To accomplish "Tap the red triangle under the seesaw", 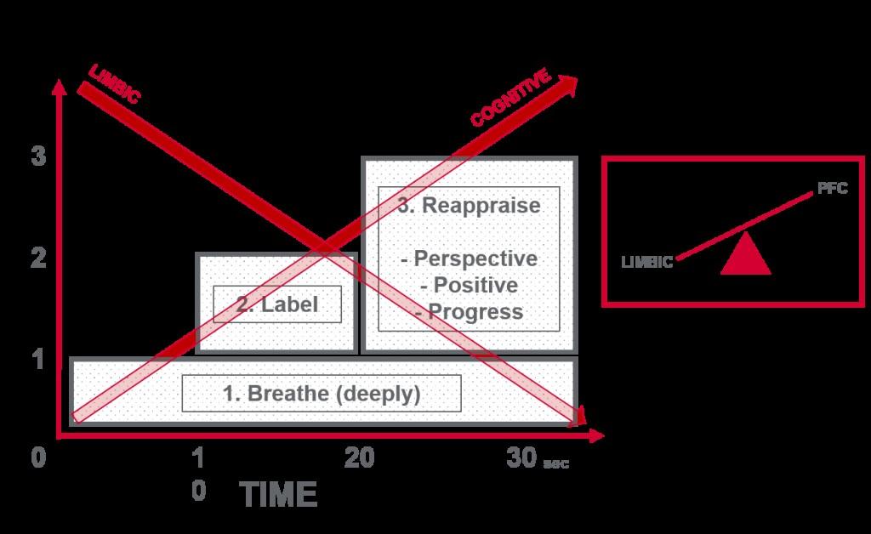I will pos(745,254).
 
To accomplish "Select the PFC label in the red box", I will pos(832,189).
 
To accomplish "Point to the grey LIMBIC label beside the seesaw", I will pos(647,263).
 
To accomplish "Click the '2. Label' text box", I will pos(276,304).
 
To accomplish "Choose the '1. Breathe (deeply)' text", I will pos(322,394).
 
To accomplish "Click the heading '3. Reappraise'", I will pos(469,206).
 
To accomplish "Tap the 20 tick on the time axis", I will pos(359,459).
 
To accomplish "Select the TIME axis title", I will pos(277,495).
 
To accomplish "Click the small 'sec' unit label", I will pos(555,464).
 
